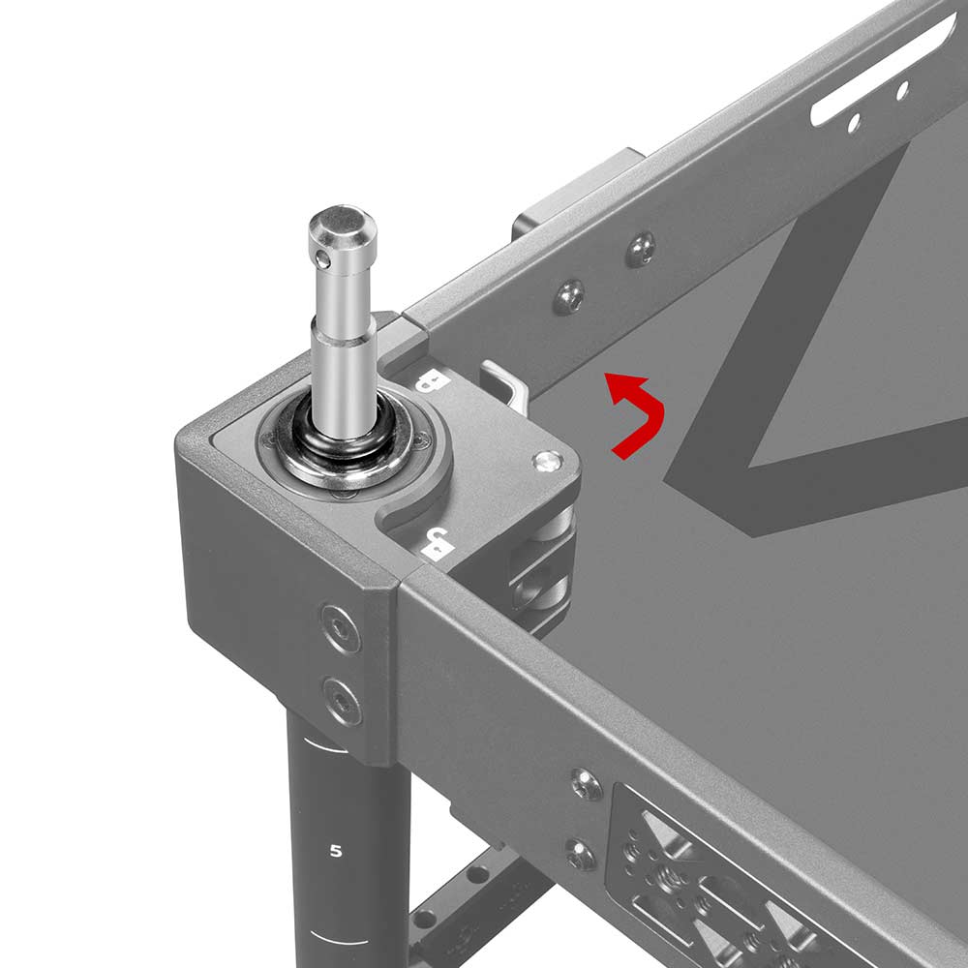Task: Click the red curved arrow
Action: point(639,416)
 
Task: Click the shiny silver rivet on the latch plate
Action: point(547,462)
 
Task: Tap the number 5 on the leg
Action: point(336,852)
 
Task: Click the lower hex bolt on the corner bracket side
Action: point(342,700)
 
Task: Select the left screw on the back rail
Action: point(568,296)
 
